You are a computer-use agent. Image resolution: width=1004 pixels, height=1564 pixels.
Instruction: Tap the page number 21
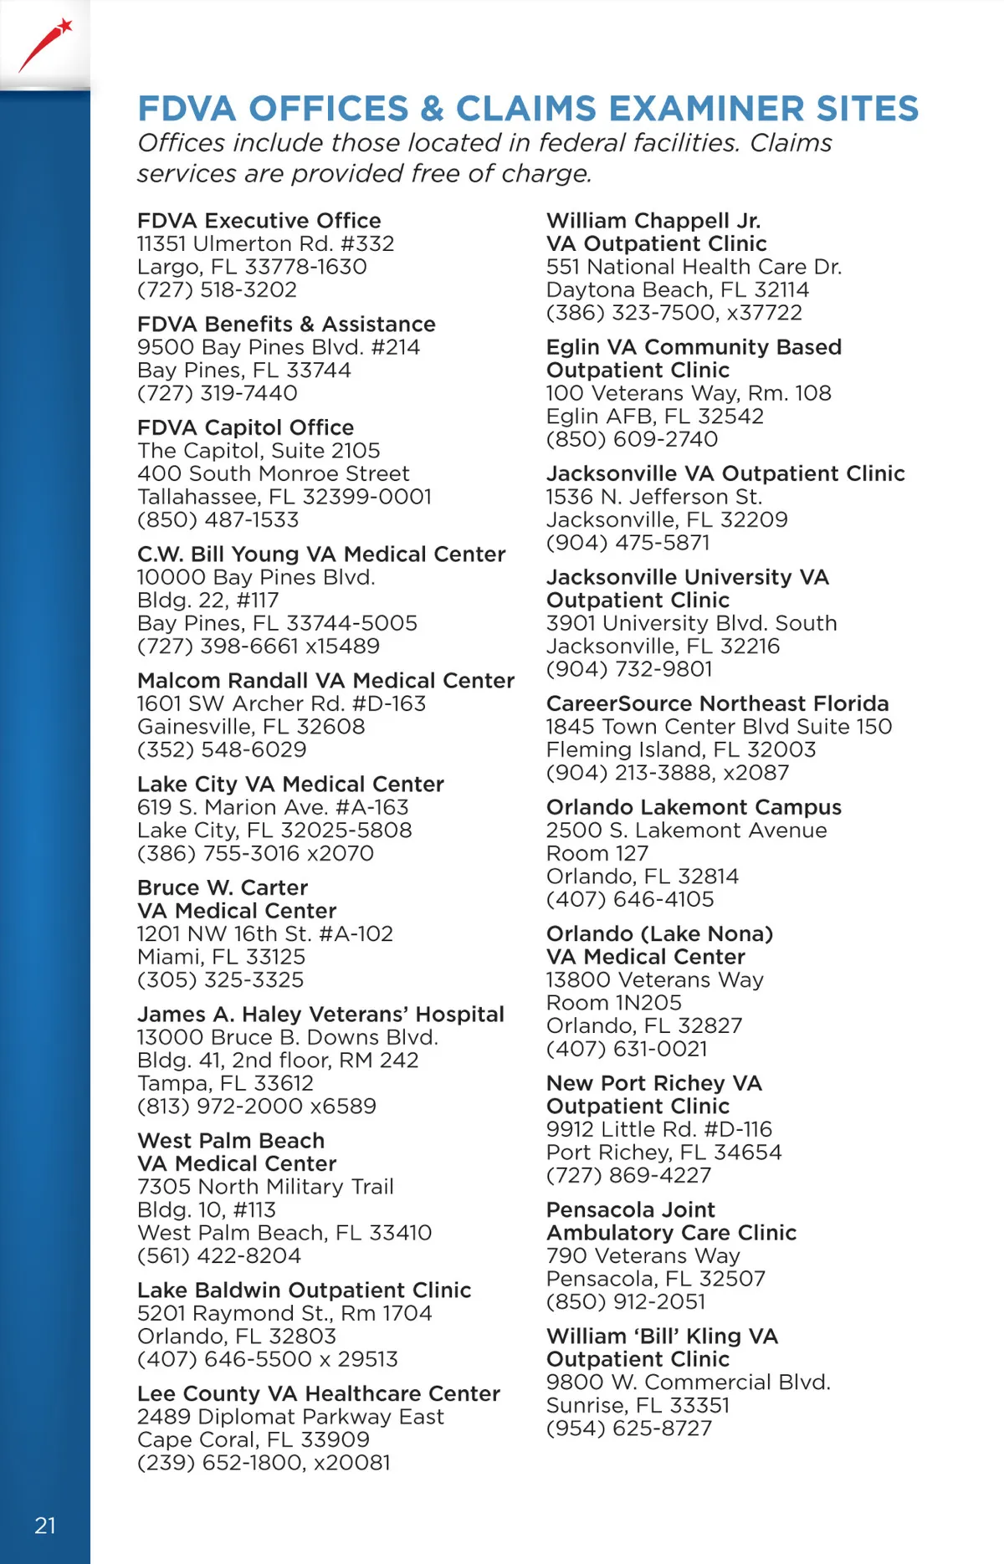45,1526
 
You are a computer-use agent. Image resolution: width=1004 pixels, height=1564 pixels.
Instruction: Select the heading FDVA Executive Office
259,221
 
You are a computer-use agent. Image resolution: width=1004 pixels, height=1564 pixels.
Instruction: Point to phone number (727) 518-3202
217,289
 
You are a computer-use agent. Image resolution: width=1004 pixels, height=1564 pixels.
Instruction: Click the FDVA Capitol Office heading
245,427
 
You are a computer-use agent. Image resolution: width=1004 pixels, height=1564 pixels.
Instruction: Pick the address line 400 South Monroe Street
273,473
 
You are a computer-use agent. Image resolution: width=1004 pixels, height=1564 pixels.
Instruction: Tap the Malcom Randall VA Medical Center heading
325,681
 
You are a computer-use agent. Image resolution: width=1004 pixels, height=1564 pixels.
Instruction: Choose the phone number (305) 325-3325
220,979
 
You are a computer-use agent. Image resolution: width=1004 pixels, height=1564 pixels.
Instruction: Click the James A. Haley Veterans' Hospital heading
320,1015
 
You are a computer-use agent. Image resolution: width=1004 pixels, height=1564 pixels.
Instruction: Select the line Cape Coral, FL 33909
253,1439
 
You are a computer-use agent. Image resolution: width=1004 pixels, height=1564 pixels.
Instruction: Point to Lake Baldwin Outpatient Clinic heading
304,1291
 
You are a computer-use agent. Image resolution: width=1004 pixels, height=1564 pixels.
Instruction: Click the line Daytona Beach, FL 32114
678,289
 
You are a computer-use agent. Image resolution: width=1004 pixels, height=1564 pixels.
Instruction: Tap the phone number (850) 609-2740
632,439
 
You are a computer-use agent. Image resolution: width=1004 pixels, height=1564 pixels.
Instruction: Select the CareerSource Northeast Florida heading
717,703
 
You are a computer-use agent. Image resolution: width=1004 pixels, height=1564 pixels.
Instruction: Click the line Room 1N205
613,1002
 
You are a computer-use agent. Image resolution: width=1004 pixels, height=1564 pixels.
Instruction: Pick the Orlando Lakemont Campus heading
694,807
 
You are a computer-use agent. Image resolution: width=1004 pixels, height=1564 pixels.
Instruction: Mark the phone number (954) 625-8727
628,1428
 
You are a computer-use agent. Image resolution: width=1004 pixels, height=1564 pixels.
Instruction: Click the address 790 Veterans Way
643,1255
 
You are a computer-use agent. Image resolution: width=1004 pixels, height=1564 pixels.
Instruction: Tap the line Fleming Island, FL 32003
680,749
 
